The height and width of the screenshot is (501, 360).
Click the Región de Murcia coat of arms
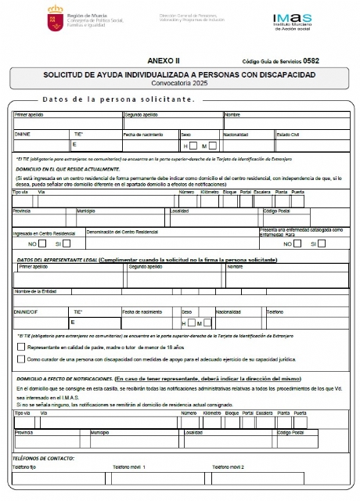click(31, 19)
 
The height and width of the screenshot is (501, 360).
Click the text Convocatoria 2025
click(179, 82)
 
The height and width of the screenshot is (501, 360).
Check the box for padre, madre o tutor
click(21, 345)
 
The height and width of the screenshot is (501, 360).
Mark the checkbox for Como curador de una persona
click(21, 359)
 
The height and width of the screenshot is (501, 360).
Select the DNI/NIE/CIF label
click(27, 311)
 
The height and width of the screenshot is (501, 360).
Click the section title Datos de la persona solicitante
click(117, 100)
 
